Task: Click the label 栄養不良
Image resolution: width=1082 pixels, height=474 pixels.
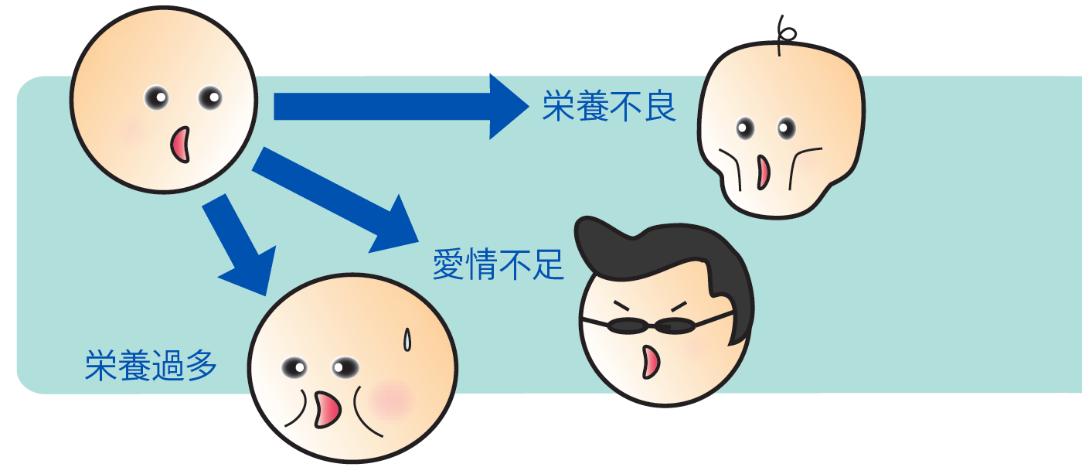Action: [x=609, y=108]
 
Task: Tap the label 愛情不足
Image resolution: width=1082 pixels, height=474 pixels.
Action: [x=498, y=264]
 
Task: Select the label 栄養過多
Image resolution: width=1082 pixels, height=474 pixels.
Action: [x=151, y=366]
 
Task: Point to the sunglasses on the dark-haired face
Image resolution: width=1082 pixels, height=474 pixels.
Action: [x=653, y=326]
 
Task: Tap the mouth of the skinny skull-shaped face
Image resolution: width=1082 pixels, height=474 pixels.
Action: [x=763, y=172]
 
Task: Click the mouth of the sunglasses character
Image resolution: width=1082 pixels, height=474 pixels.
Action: [x=652, y=361]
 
